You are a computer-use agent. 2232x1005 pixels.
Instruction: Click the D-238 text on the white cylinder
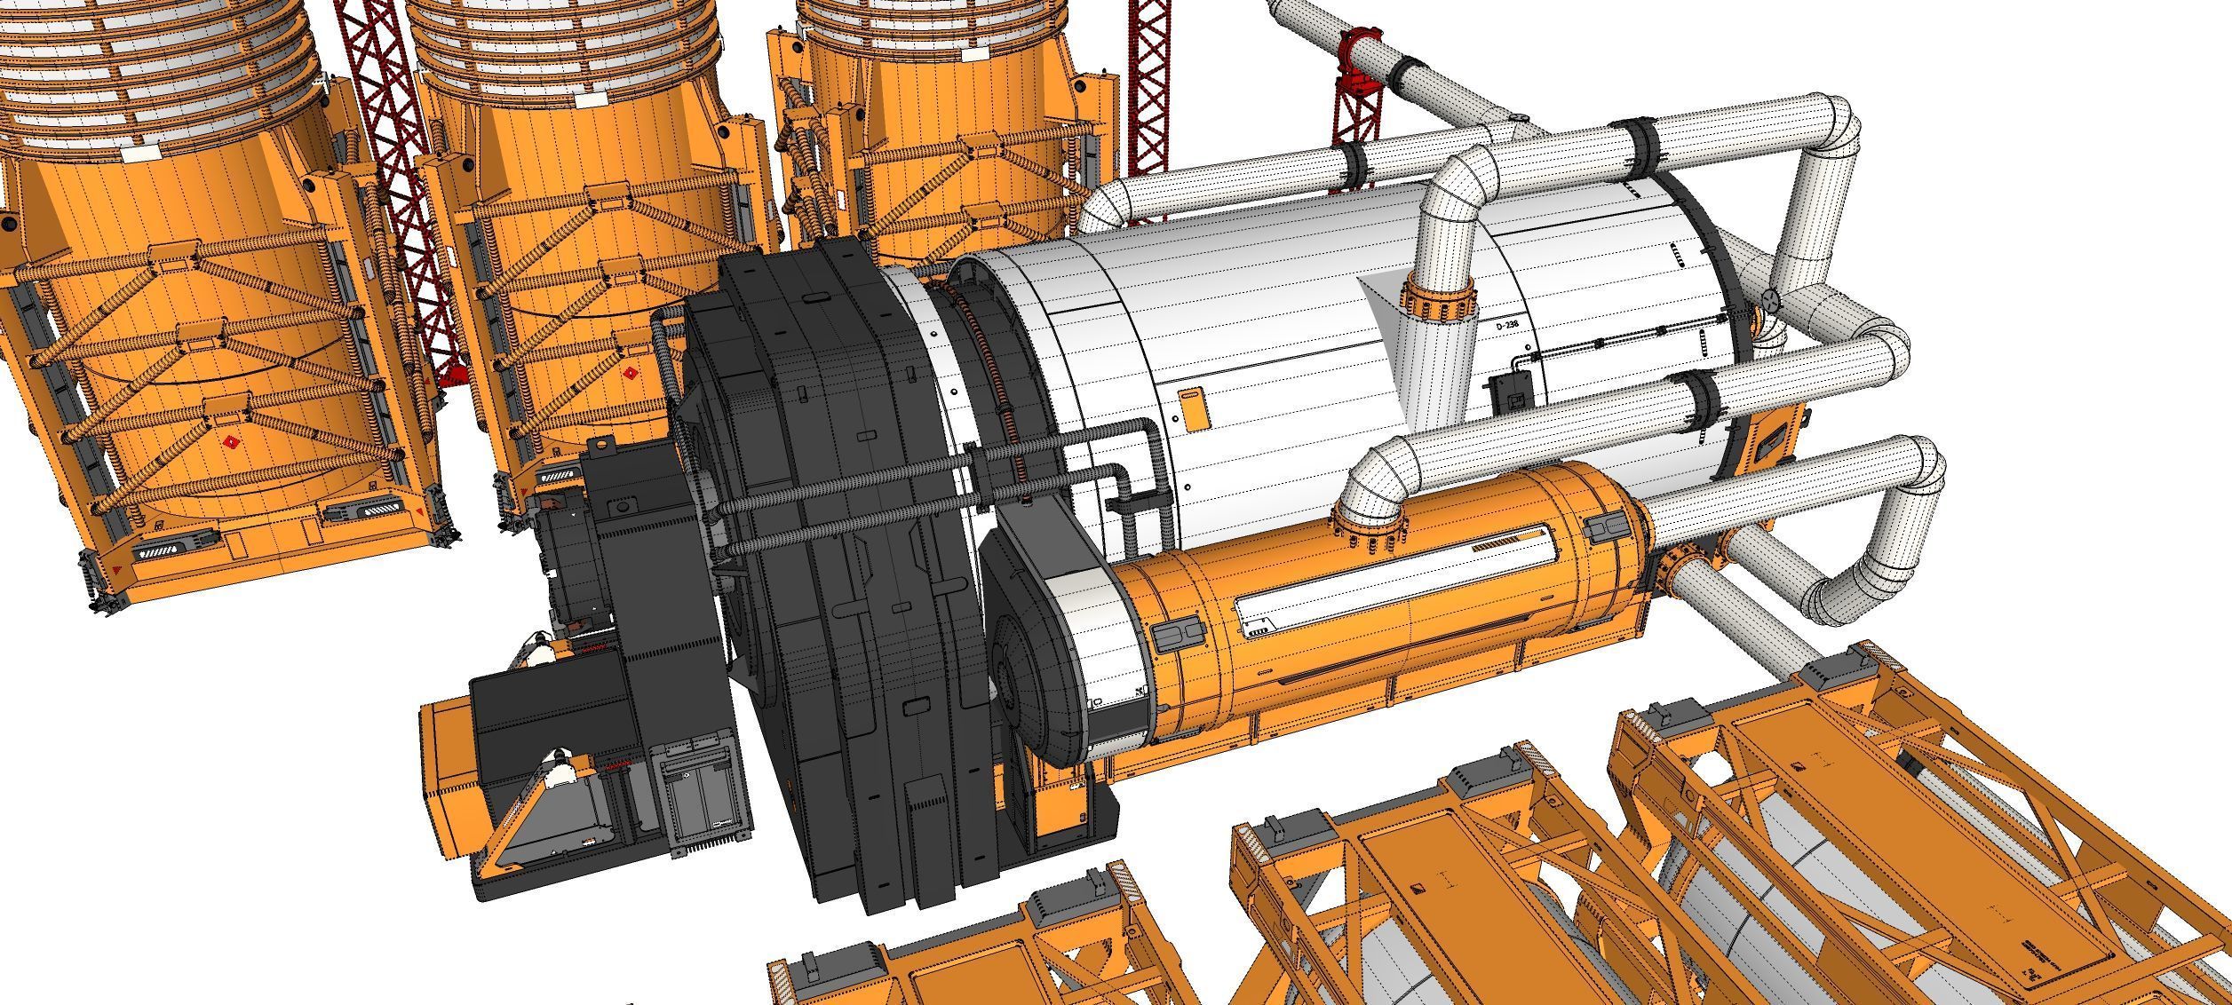pos(1507,326)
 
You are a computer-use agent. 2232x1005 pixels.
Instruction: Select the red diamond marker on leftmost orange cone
pos(231,442)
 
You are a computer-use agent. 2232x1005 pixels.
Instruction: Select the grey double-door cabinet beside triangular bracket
pos(702,787)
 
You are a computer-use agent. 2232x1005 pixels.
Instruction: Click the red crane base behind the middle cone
pos(453,376)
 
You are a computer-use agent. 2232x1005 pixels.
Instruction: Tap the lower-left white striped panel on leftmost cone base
pos(174,542)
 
